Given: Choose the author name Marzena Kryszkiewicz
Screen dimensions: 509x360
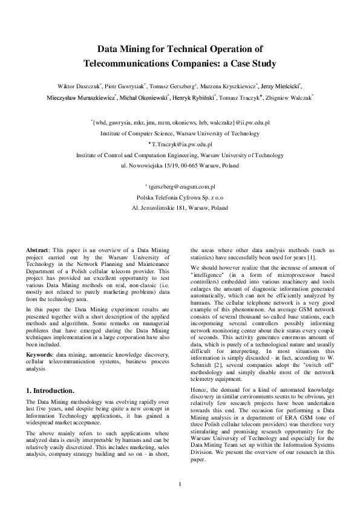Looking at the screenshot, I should [232, 86].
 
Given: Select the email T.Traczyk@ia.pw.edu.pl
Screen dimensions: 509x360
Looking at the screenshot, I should [182, 144].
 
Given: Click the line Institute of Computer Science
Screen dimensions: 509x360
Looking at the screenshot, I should [180, 133].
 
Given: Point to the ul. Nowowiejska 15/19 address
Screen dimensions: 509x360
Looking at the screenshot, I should [180, 165].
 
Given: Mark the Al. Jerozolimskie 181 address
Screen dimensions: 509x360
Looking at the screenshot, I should [180, 208].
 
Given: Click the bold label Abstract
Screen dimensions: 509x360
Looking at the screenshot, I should [38, 249].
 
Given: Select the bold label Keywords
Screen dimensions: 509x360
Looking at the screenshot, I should [40, 322].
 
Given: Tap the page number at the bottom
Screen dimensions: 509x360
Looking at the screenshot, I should [180, 482].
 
